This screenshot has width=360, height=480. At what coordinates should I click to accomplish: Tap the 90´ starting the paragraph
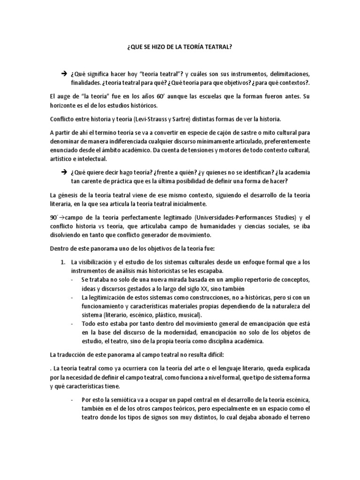[53, 217]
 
